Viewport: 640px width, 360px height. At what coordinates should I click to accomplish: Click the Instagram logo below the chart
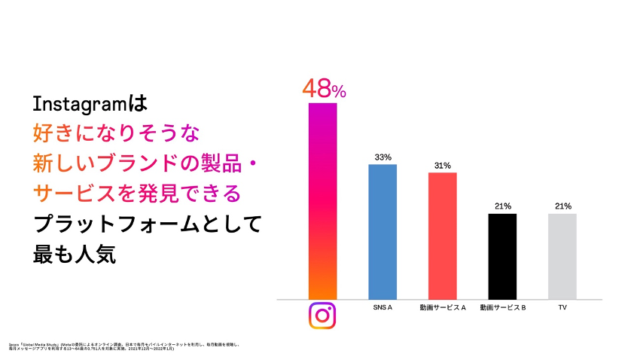(322, 316)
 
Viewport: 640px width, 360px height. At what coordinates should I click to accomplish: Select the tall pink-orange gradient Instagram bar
(322, 200)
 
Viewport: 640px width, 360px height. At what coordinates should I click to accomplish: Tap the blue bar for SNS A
(382, 231)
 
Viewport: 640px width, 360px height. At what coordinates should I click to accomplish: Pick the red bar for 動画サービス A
(443, 236)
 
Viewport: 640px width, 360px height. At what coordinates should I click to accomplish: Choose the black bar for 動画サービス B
(502, 256)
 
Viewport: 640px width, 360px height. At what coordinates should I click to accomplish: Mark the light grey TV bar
(562, 256)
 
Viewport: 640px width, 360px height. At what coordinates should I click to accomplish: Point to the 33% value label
(382, 157)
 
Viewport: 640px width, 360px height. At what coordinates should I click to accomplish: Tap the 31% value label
(443, 166)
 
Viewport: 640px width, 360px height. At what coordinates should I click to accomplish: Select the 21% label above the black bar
(502, 206)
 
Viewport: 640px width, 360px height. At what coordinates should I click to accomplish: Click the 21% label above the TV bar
(562, 206)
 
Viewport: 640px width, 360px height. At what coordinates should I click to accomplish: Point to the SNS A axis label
(382, 308)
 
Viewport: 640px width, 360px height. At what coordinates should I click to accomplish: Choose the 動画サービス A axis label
(443, 308)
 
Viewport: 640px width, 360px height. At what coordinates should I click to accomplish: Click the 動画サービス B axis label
(502, 308)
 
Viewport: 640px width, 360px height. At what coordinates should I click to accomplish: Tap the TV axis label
(562, 308)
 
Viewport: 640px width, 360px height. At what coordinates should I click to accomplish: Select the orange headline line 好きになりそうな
(117, 133)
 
